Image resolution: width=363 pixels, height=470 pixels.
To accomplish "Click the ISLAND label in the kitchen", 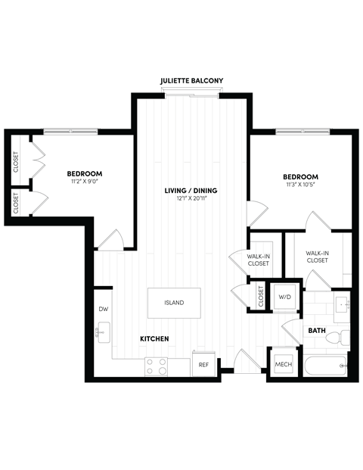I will (174, 303).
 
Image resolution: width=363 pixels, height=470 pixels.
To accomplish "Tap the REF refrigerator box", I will (203, 364).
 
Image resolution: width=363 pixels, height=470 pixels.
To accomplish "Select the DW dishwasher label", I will (104, 309).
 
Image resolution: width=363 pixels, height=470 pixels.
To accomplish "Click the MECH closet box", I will (283, 364).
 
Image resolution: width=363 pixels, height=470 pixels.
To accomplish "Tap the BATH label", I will (316, 331).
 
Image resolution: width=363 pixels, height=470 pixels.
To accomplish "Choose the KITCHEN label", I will (154, 338).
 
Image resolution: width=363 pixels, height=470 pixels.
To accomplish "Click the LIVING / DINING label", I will (191, 189).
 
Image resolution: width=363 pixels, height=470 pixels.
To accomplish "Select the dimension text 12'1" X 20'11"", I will (191, 198).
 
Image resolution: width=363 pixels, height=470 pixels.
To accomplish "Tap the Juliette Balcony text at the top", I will (194, 80).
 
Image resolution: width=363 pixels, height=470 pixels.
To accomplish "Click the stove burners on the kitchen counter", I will (157, 367).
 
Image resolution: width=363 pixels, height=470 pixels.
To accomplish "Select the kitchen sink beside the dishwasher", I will (103, 331).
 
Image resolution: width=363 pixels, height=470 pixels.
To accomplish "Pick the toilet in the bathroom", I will (344, 336).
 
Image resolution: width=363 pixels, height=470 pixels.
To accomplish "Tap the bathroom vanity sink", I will (341, 306).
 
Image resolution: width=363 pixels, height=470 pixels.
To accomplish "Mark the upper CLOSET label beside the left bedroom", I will (16, 162).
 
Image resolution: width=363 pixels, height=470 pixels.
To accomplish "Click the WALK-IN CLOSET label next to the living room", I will (259, 260).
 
